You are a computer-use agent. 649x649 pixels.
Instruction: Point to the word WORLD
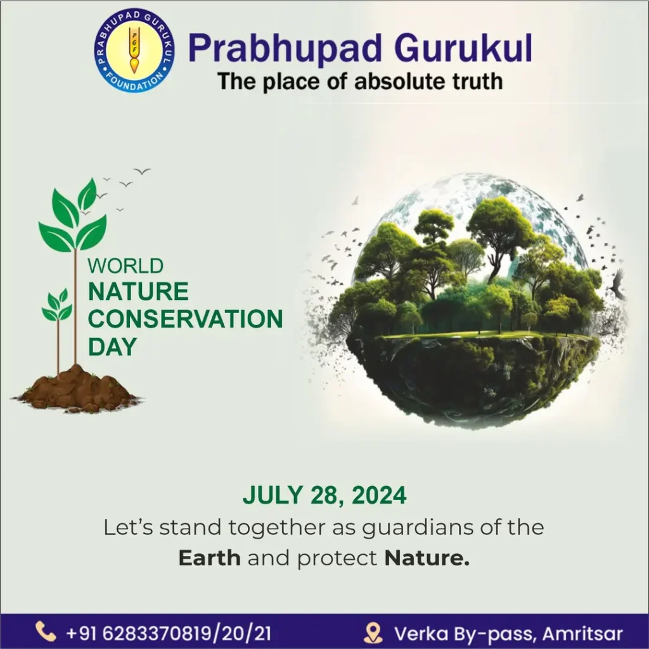(x=125, y=266)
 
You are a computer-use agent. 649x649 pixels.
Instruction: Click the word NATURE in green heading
(x=138, y=291)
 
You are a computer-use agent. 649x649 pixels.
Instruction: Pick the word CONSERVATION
(x=186, y=319)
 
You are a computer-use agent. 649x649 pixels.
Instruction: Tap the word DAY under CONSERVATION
(x=112, y=347)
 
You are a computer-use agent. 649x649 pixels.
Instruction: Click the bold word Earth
(x=209, y=558)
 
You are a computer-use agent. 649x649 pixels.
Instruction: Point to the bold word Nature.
(x=427, y=558)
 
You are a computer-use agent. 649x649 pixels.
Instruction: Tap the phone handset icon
(x=46, y=632)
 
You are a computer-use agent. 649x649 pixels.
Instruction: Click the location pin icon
(x=373, y=633)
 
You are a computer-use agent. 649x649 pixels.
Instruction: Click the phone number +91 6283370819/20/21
(x=169, y=633)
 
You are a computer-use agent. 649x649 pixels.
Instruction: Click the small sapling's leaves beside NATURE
(x=58, y=305)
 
